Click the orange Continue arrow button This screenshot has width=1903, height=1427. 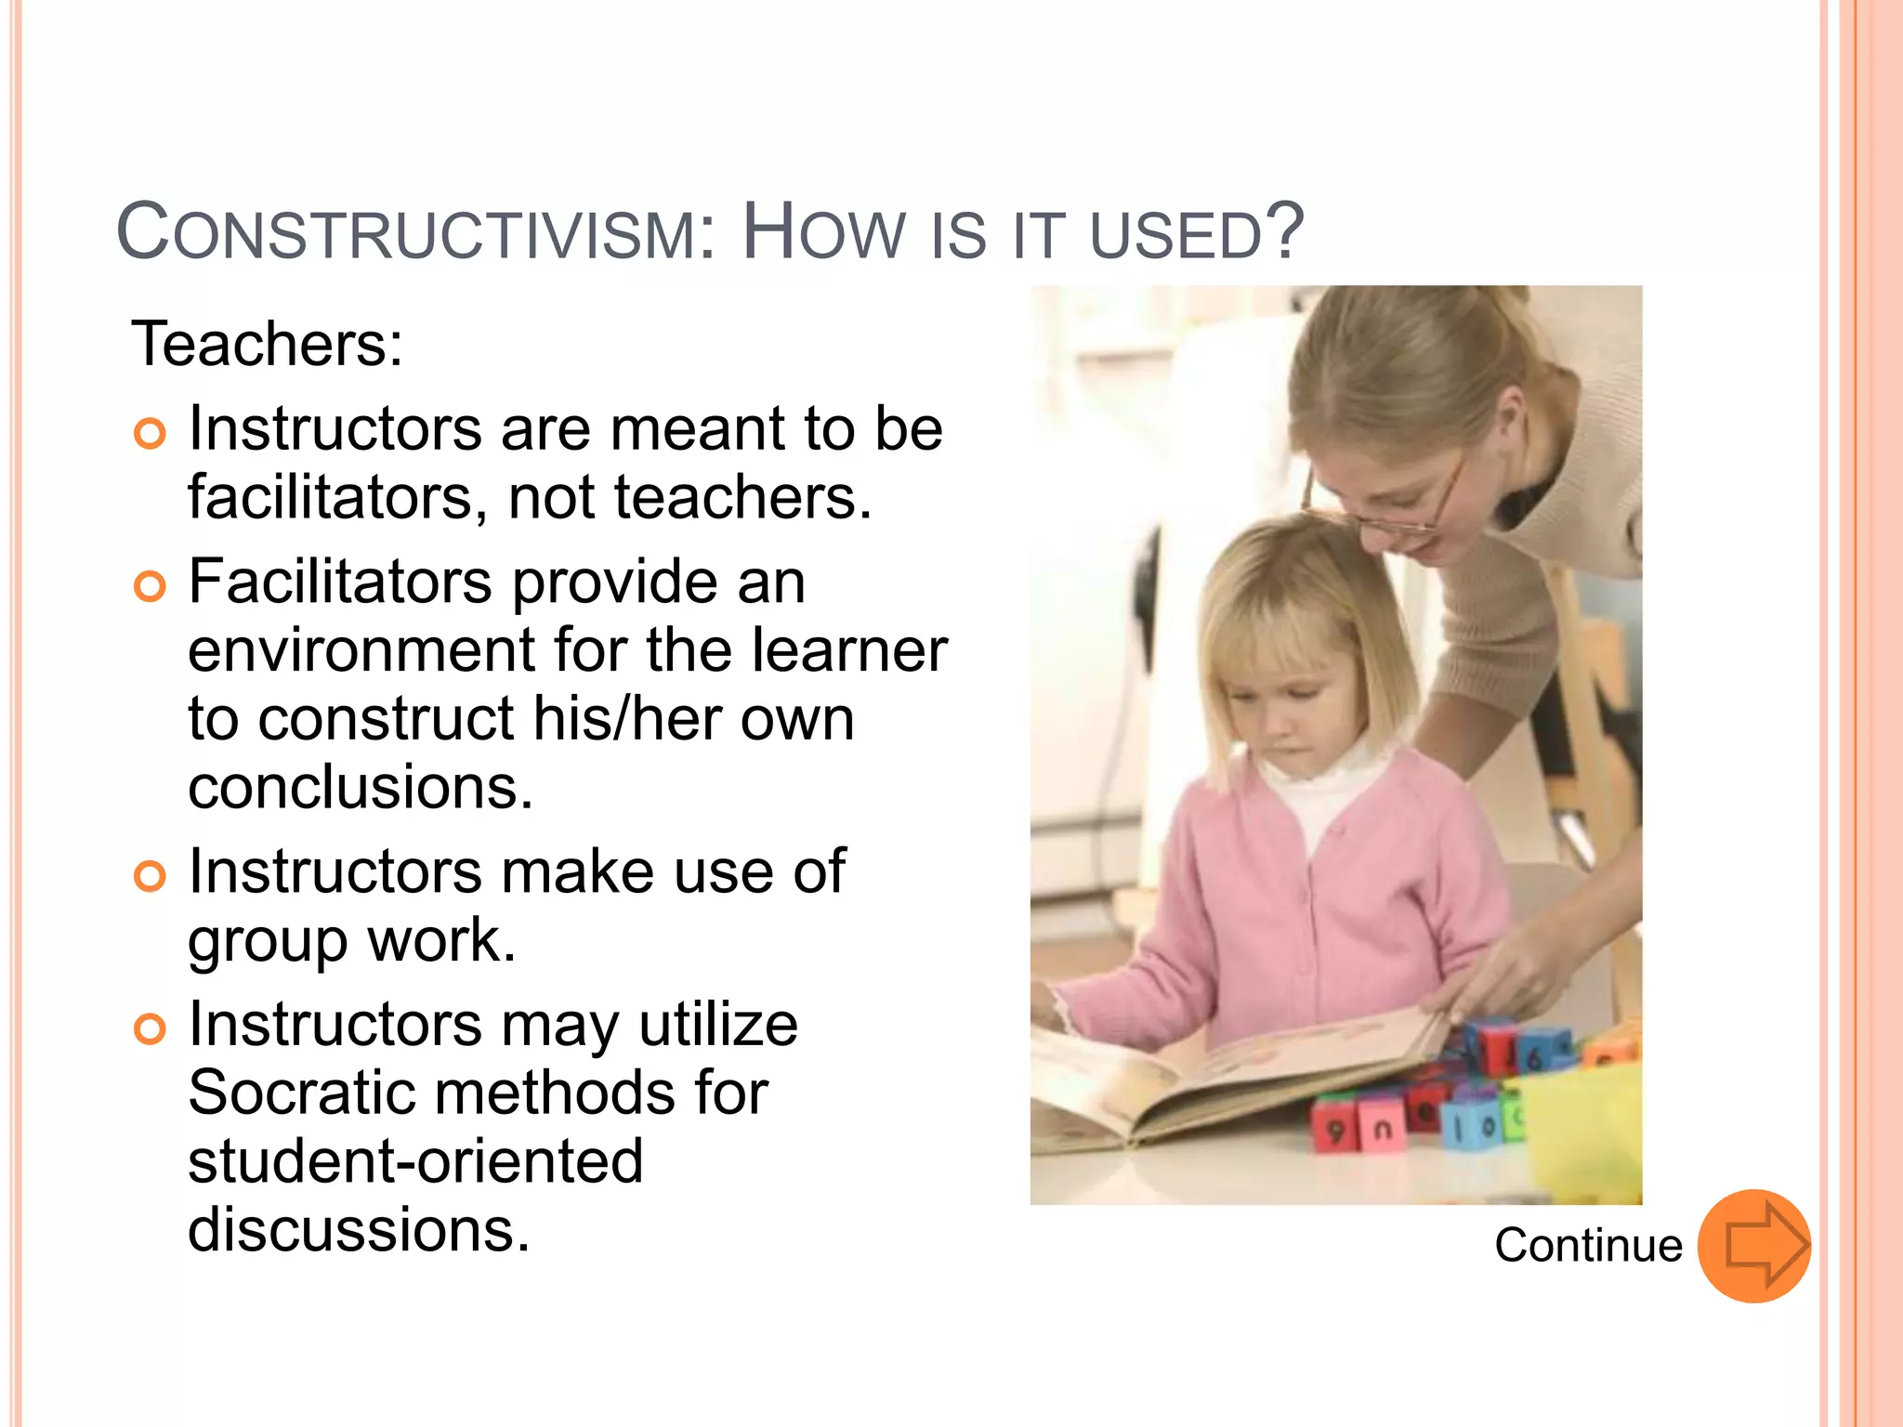pyautogui.click(x=1753, y=1246)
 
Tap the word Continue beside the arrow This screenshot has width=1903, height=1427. pyautogui.click(x=1588, y=1246)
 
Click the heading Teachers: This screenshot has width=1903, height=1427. pyautogui.click(x=268, y=345)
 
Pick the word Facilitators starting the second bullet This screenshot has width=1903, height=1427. pyautogui.click(x=340, y=583)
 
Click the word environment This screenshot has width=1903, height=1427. pyautogui.click(x=362, y=650)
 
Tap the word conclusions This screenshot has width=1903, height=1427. pyautogui.click(x=361, y=788)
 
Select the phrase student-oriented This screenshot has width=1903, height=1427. pyautogui.click(x=415, y=1161)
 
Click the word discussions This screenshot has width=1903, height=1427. pyautogui.click(x=359, y=1230)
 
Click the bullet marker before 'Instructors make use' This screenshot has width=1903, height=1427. pyautogui.click(x=150, y=875)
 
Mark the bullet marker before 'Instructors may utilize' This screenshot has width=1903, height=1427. pyautogui.click(x=150, y=1028)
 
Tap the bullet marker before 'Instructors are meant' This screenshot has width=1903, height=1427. pyautogui.click(x=150, y=433)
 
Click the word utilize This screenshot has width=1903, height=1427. pyautogui.click(x=717, y=1025)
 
